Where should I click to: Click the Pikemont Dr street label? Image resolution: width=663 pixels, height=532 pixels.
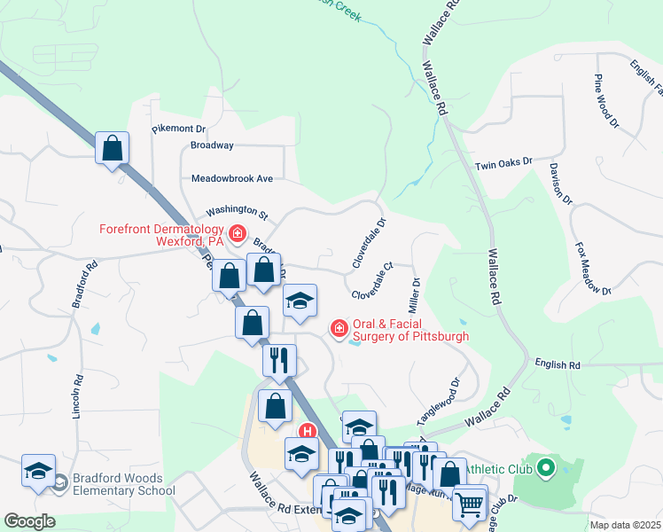(x=178, y=129)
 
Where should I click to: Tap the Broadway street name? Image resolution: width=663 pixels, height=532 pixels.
(x=212, y=145)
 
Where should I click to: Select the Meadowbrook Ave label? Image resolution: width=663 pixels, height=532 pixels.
(x=232, y=178)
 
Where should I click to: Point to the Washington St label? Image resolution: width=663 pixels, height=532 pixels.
(x=237, y=213)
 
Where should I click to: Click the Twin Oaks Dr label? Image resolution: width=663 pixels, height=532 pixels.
(x=503, y=163)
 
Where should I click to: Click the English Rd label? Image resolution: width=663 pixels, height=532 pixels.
(x=557, y=364)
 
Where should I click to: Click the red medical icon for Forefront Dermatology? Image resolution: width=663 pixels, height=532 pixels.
(x=237, y=234)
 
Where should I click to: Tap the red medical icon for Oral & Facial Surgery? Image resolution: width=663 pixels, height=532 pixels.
(x=339, y=329)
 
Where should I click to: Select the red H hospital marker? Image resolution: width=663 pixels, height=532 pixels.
(x=308, y=433)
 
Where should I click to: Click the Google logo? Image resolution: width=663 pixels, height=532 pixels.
(x=29, y=521)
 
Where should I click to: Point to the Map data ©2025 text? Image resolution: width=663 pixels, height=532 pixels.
(x=625, y=525)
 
